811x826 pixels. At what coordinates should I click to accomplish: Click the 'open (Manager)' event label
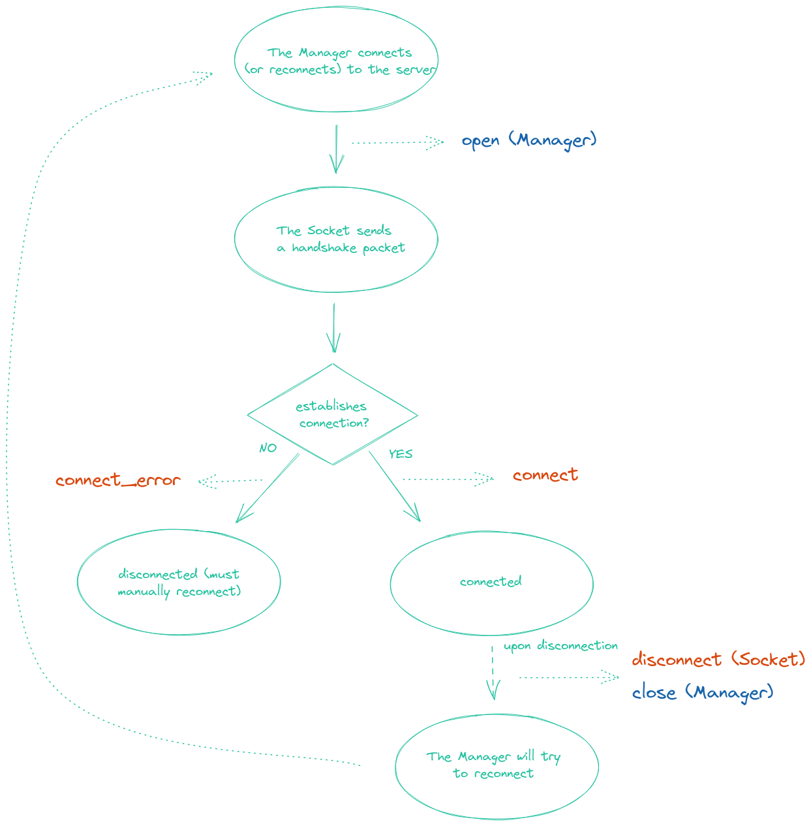(x=528, y=140)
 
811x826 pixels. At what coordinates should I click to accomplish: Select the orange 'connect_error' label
(x=118, y=481)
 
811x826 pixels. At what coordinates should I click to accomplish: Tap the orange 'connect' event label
(x=545, y=475)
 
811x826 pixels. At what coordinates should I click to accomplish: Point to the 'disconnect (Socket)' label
(x=718, y=660)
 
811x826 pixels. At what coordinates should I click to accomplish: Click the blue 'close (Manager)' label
(x=702, y=692)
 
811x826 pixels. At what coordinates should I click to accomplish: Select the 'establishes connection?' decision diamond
(x=333, y=414)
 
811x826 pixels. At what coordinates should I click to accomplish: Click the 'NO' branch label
(x=268, y=448)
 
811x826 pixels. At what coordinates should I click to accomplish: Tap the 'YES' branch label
(x=401, y=454)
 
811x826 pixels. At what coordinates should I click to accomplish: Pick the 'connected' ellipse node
(x=491, y=582)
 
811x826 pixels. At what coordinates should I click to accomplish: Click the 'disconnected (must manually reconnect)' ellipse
(x=179, y=583)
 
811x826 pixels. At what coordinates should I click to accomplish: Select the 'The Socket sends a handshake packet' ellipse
(x=336, y=239)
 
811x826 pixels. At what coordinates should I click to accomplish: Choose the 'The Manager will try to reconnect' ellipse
(x=496, y=765)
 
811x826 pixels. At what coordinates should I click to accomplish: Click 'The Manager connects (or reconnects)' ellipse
(x=336, y=61)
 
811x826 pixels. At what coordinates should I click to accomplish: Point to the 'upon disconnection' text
(x=560, y=646)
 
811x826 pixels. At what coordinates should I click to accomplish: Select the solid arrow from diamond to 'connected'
(x=394, y=487)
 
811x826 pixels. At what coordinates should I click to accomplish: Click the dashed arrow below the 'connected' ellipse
(x=493, y=672)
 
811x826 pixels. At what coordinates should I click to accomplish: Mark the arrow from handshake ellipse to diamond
(x=333, y=328)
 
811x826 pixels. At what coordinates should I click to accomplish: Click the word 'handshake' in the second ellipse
(x=324, y=248)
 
